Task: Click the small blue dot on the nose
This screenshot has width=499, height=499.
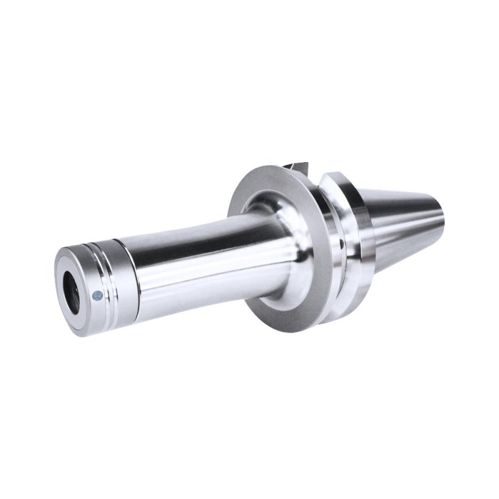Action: pos(97,294)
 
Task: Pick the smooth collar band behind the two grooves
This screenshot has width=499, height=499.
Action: pos(121,281)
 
